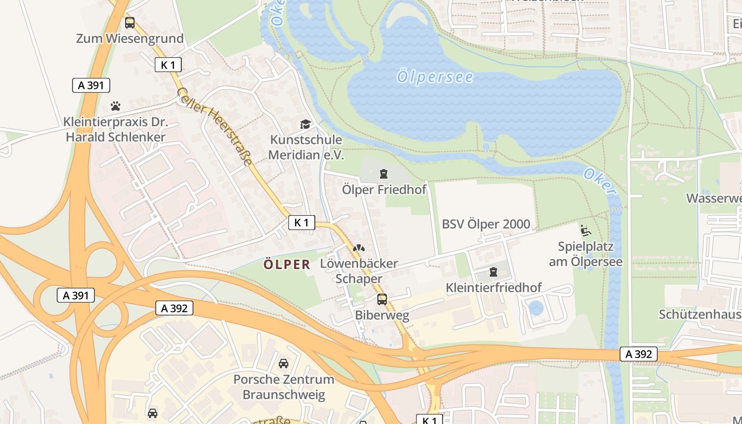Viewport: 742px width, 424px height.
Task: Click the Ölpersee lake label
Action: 435,77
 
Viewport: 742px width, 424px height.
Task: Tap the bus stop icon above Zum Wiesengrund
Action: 130,23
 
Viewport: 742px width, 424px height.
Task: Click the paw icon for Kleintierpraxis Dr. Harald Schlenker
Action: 116,106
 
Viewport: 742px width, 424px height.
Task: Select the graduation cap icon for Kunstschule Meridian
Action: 306,125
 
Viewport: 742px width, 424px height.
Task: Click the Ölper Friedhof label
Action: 384,190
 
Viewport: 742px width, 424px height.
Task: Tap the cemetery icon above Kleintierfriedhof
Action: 493,272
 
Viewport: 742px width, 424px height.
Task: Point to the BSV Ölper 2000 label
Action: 485,224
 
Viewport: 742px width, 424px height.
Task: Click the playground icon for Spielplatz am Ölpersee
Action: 586,231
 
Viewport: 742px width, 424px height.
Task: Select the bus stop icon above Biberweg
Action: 382,299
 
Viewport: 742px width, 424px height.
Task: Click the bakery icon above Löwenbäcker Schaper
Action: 359,248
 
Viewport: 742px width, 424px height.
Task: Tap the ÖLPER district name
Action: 287,264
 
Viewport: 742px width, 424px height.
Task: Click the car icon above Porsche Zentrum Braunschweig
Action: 284,364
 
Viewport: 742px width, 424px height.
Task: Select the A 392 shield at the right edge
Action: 638,354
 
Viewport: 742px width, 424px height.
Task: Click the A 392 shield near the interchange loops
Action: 174,308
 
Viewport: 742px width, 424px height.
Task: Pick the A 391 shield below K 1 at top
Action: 91,85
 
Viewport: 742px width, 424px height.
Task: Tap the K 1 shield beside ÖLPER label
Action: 302,223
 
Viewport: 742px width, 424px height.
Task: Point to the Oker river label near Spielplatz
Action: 600,182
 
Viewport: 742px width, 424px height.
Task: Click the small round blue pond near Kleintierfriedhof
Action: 536,308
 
